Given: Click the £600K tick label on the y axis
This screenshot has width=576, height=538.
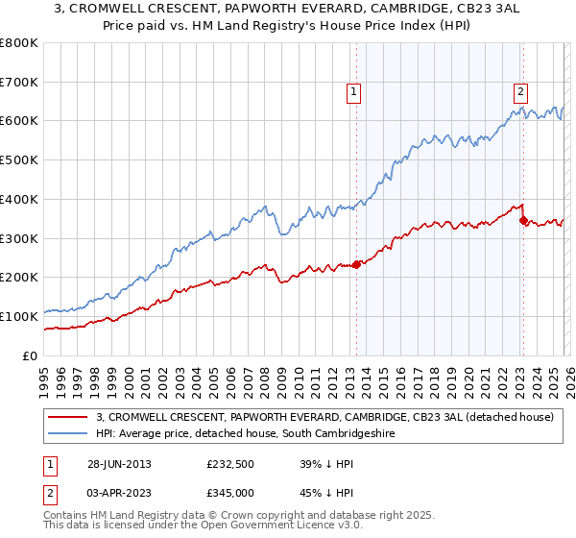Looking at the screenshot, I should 19,121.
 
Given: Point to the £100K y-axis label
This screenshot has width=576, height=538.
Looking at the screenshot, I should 19,316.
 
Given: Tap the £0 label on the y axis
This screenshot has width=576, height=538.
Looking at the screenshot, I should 31,355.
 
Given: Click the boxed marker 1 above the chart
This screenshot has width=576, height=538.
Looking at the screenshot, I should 354,92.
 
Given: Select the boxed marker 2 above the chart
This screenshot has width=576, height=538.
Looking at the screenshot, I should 520,92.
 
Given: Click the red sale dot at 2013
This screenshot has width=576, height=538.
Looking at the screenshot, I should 356,264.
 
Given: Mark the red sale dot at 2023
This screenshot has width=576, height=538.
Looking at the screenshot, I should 523,220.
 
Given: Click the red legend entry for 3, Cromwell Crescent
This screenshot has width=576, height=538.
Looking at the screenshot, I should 324,418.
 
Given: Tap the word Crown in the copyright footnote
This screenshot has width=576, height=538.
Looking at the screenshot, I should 229,517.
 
